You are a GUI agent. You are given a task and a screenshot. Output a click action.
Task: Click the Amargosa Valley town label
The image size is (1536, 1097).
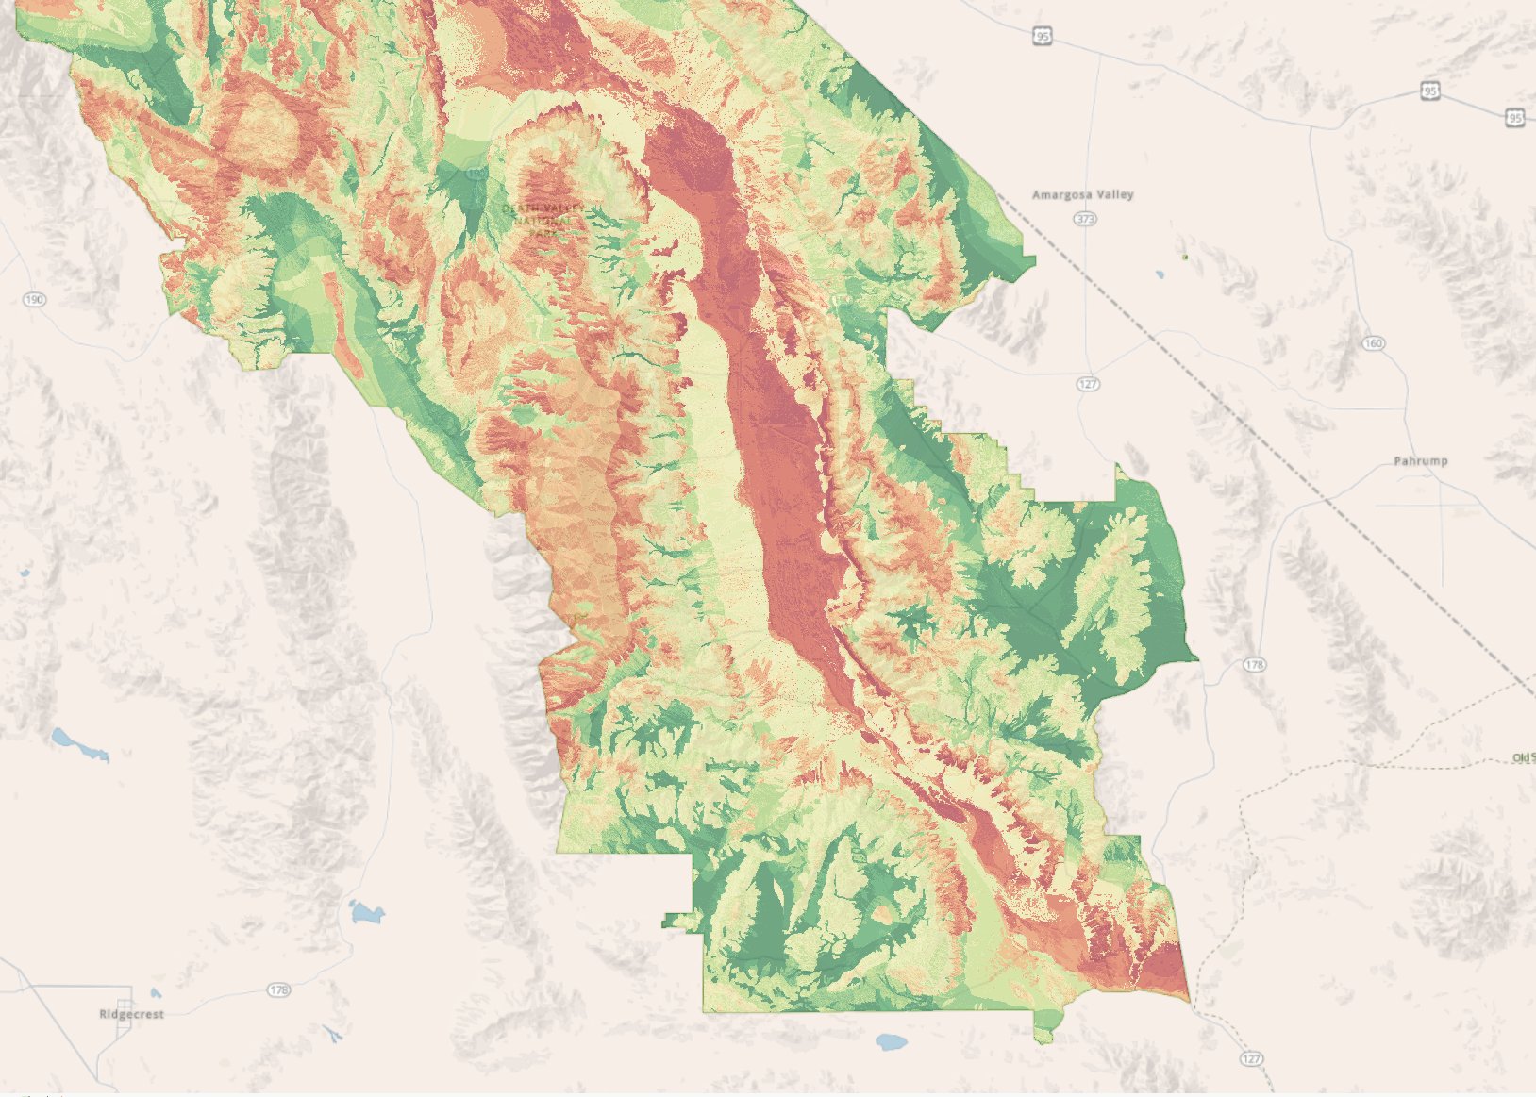tap(1082, 194)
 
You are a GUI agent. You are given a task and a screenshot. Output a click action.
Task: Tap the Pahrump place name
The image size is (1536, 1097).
tap(1420, 461)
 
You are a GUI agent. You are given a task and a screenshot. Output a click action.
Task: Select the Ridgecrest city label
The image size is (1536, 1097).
tap(131, 1014)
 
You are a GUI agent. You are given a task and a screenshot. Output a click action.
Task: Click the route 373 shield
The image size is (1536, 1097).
tap(1085, 219)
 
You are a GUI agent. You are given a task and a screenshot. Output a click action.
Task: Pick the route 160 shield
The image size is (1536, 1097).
tap(1373, 343)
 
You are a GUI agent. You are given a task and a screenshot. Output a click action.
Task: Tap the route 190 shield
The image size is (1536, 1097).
tap(34, 300)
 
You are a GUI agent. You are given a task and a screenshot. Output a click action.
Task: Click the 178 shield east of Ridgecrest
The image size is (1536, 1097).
tap(278, 989)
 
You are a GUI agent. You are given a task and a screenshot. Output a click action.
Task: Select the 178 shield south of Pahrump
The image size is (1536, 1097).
tap(1254, 665)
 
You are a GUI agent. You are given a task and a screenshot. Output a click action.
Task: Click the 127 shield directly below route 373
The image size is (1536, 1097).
tap(1088, 384)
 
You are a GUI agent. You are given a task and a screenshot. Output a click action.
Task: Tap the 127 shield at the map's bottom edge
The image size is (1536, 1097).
tap(1251, 1058)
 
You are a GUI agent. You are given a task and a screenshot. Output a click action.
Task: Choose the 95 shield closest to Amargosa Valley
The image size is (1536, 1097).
tap(1042, 36)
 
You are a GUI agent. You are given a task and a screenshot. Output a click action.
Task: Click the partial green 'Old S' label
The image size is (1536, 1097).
tap(1523, 757)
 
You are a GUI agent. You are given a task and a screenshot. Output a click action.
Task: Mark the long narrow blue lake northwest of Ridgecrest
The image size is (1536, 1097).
tap(80, 744)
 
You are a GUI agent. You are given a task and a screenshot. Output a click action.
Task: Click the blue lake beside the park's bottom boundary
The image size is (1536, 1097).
tap(891, 1041)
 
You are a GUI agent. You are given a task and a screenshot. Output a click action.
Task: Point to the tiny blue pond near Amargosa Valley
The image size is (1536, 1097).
tap(1160, 275)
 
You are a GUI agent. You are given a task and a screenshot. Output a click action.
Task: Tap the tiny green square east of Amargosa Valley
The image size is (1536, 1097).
tap(1185, 257)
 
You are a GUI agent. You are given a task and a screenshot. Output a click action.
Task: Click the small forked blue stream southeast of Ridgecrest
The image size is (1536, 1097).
tap(333, 1035)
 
